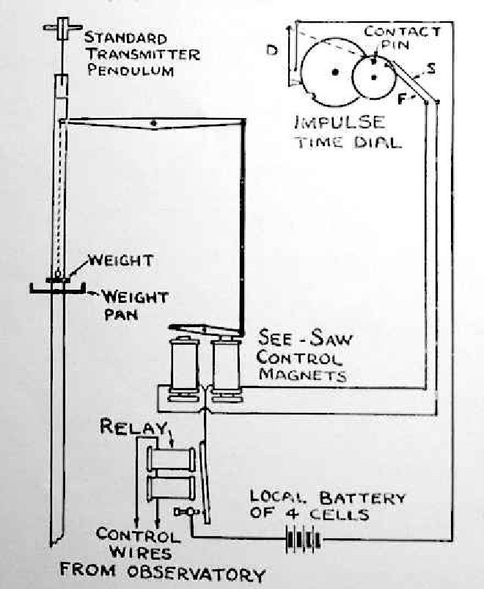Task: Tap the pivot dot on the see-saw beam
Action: (153, 122)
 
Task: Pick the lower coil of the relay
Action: (173, 489)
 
